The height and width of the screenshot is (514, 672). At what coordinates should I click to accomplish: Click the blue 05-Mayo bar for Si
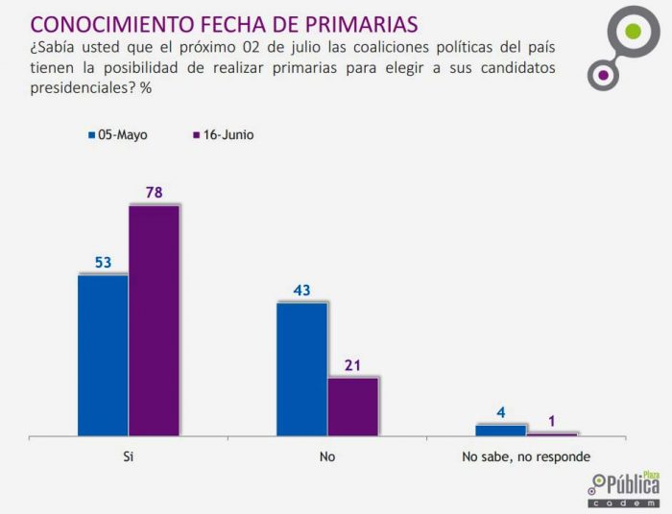point(102,355)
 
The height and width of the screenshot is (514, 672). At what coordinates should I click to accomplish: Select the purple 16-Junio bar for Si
point(154,320)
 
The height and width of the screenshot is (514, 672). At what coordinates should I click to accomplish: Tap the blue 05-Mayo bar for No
point(301,369)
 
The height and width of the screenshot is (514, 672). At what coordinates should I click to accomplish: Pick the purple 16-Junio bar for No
point(352,407)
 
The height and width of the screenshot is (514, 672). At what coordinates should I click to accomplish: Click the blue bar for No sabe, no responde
point(500,431)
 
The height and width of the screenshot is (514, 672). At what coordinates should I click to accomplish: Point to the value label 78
point(154,193)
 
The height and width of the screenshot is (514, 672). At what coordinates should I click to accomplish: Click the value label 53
point(103,262)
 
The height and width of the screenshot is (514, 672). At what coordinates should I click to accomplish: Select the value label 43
point(301,290)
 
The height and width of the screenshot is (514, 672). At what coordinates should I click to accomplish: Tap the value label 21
point(352,364)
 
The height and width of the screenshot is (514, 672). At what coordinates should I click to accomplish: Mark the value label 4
point(501,413)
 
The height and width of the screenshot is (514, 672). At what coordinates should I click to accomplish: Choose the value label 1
point(552,420)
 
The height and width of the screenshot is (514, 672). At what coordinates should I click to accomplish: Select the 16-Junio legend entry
point(222,135)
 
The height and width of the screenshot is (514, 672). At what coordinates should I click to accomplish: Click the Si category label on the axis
point(128,457)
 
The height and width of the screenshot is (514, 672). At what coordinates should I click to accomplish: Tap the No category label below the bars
point(327,457)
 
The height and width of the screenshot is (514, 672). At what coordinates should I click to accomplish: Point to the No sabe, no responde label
point(526,457)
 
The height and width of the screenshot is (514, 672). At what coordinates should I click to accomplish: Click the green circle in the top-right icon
point(631,32)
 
